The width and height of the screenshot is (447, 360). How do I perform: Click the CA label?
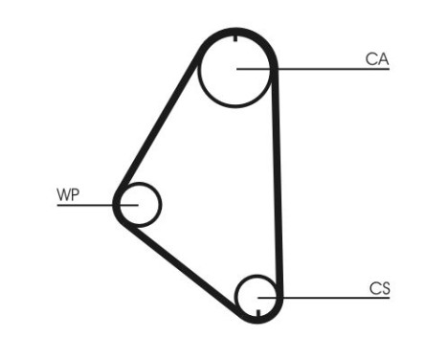click(376, 59)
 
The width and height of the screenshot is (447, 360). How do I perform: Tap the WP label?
click(68, 194)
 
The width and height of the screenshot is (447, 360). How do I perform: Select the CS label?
click(379, 287)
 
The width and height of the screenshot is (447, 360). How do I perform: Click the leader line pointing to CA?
click(325, 69)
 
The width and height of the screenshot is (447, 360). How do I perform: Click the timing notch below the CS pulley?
click(259, 312)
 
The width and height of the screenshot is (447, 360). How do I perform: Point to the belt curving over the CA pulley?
click(236, 33)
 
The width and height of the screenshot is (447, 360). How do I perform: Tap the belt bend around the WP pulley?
click(117, 204)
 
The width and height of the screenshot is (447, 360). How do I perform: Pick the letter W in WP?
click(63, 194)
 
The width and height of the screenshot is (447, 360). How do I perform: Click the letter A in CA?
click(383, 59)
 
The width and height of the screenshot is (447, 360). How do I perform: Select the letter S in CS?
click(385, 287)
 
